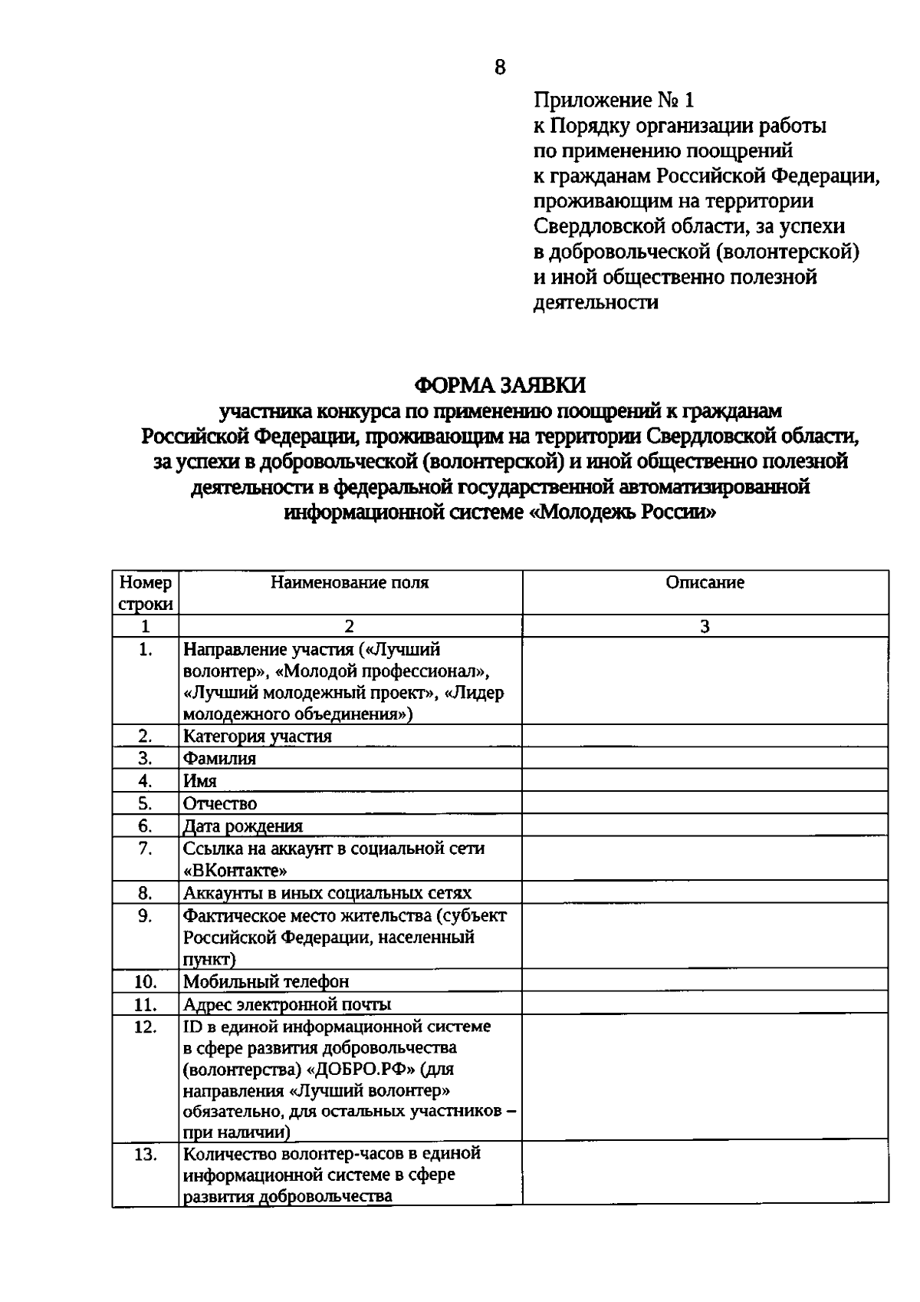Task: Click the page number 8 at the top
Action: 500,68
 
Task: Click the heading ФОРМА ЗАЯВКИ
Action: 500,384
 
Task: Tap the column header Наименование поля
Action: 350,582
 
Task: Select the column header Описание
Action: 705,582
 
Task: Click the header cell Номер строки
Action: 146,593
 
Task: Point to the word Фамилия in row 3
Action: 219,759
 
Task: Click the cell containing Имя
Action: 200,781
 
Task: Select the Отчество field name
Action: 220,804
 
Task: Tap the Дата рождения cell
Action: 242,826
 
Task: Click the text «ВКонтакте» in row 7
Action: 236,871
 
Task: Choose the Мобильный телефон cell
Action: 265,982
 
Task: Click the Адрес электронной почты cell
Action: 287,1004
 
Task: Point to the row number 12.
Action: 146,1027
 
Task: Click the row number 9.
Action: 146,915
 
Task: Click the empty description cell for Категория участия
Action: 705,737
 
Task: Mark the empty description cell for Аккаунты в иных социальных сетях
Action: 705,893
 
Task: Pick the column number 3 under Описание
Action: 705,626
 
